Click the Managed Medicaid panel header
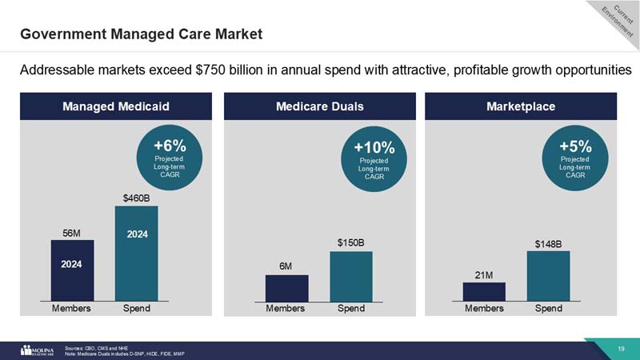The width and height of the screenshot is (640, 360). (x=117, y=106)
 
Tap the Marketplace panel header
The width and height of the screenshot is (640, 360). (x=526, y=106)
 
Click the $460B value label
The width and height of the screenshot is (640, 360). (x=136, y=197)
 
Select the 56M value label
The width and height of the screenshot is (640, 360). (x=72, y=232)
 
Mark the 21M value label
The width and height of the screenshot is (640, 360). (x=483, y=275)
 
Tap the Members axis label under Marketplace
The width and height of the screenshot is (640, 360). (x=483, y=308)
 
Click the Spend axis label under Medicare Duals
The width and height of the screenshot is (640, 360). (x=351, y=308)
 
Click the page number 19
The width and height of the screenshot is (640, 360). (x=621, y=348)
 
